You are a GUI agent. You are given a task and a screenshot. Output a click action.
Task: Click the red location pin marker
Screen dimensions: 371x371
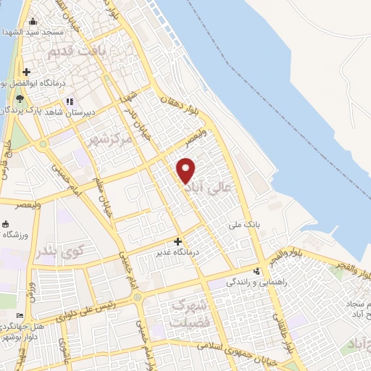coord(187,170)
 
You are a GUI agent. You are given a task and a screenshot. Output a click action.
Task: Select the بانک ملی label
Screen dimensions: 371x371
coord(246,226)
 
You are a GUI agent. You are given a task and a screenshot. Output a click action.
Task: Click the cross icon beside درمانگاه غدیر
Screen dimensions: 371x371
coord(178,241)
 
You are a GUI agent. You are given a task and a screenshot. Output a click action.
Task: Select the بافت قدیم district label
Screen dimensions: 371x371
coord(72,53)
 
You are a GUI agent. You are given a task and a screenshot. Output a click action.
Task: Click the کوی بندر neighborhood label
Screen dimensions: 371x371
coord(59,251)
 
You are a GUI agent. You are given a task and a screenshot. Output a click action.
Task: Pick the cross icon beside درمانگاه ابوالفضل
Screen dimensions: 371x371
coord(26,72)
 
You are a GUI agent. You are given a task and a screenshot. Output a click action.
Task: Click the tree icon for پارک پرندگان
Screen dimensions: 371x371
coord(19,99)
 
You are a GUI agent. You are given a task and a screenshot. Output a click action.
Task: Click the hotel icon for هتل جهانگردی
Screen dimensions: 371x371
coord(19,316)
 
